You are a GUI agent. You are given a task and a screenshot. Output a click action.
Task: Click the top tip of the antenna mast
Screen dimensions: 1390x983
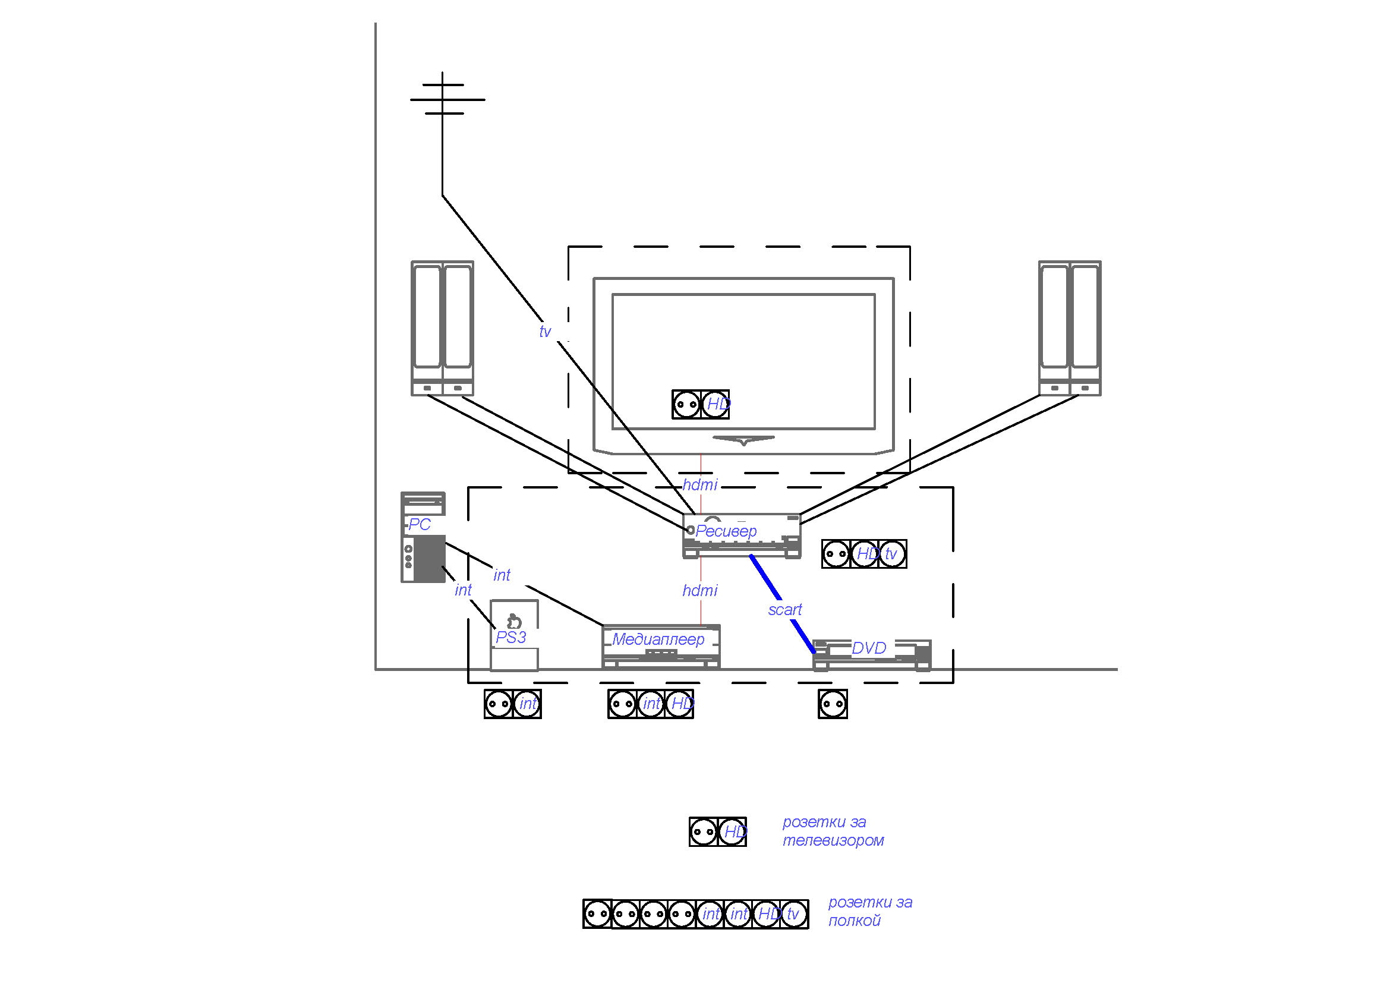coord(443,73)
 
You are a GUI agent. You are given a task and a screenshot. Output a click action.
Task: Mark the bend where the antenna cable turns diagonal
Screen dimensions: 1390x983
coord(443,196)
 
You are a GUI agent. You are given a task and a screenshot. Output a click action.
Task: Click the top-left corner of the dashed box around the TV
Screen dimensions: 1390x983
coord(569,247)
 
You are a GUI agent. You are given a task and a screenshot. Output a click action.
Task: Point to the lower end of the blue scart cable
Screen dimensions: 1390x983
coord(815,653)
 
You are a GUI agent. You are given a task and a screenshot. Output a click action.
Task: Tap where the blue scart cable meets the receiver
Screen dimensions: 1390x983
coord(751,556)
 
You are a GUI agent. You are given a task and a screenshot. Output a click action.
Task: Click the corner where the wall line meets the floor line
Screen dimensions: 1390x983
coord(376,669)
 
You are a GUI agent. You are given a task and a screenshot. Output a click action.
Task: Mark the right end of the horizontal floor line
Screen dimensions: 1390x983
coord(1117,669)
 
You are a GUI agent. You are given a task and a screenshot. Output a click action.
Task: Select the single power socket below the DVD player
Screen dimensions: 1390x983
coord(833,704)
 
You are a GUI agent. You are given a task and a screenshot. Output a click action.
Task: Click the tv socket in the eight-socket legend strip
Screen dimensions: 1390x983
coord(794,914)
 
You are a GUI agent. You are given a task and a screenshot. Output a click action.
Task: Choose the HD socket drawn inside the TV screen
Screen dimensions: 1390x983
coord(716,404)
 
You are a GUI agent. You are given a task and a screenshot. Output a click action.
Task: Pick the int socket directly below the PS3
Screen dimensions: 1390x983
coord(527,704)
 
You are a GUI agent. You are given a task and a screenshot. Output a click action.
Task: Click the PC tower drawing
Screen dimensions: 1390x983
coord(423,537)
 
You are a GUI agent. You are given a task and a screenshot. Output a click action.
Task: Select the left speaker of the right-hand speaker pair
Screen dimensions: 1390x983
coord(1055,329)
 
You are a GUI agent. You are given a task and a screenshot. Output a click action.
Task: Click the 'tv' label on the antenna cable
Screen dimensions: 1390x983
coord(545,332)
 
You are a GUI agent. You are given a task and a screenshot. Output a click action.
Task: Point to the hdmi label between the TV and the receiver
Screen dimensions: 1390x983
coord(700,485)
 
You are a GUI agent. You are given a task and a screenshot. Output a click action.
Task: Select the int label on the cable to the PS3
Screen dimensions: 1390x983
coord(463,590)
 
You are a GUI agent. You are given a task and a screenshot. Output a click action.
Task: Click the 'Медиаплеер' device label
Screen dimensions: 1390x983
coord(658,639)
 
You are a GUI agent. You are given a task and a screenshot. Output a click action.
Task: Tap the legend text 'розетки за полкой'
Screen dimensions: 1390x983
coord(870,912)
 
